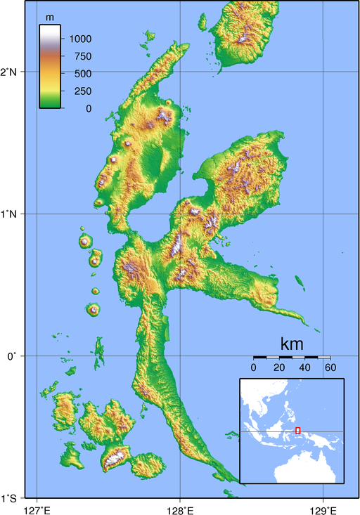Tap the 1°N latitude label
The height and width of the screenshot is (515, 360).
(13, 214)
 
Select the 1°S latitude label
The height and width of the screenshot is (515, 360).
(13, 499)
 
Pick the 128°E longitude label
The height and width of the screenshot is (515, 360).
(179, 508)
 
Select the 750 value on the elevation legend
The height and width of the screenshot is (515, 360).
(82, 56)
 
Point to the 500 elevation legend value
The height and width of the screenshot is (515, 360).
(82, 74)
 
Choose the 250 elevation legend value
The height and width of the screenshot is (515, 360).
(82, 91)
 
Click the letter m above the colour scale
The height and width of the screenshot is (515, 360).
(50, 16)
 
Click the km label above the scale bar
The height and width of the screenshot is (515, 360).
(292, 344)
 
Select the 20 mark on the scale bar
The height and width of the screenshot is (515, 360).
(279, 367)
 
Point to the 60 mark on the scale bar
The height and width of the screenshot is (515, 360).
(328, 367)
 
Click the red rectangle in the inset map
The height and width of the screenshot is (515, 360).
(298, 430)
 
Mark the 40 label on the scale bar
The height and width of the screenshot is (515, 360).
(304, 367)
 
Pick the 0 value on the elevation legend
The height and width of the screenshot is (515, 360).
(88, 108)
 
